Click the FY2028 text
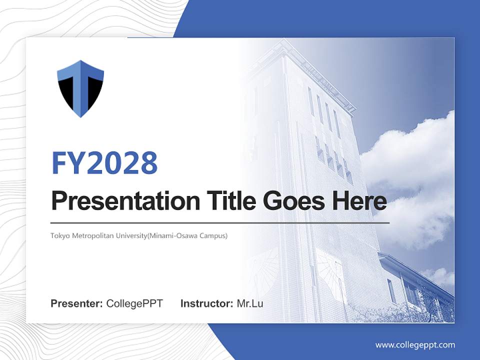tap(104, 162)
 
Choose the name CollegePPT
tap(134, 303)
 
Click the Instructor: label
tap(206, 303)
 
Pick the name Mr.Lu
tap(250, 303)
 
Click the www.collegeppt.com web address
tap(415, 345)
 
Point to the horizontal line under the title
tap(220, 222)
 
